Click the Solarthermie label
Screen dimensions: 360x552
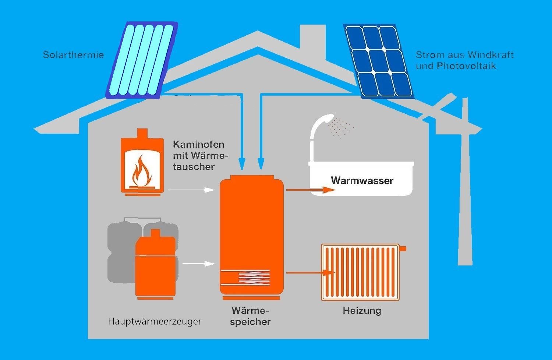[x=73, y=55]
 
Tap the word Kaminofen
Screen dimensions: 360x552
[x=198, y=144]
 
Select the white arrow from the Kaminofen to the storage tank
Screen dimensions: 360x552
[x=191, y=190]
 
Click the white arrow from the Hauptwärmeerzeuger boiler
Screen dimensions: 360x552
[x=199, y=264]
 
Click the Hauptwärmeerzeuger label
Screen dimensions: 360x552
[x=155, y=321]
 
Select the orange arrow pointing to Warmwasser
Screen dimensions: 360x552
[x=311, y=190]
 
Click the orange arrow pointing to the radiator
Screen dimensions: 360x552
[x=311, y=273]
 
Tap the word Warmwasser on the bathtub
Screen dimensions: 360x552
[x=362, y=181]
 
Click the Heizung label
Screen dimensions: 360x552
[x=362, y=311]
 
